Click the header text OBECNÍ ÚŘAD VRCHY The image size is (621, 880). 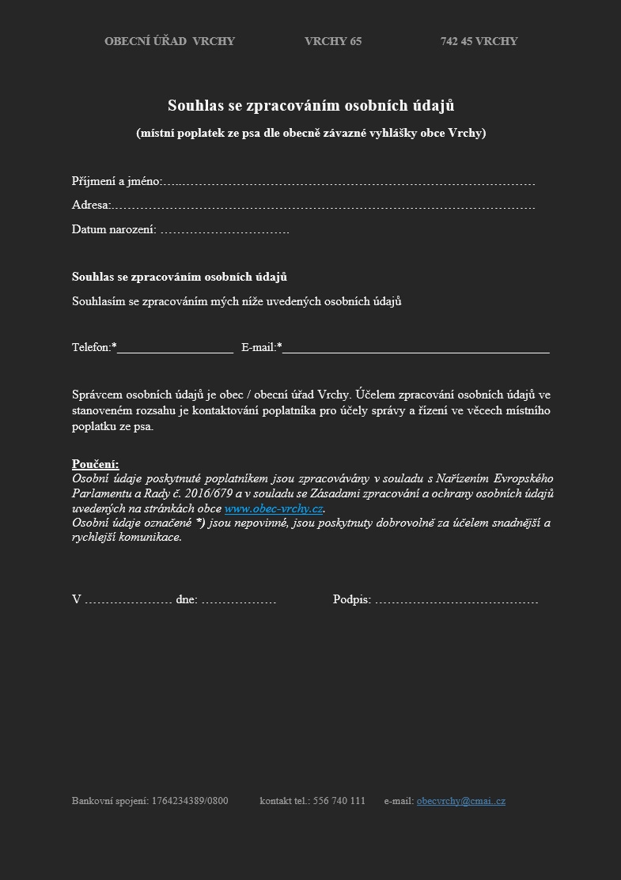[169, 41]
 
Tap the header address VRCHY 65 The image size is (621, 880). [332, 41]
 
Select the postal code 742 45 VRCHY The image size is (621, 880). [479, 41]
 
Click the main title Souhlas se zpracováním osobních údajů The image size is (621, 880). [311, 105]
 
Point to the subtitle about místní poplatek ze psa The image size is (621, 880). [311, 133]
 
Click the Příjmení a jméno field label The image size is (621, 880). [116, 182]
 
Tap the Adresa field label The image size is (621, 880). [90, 206]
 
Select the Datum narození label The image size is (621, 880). [114, 230]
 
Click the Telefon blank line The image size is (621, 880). [175, 348]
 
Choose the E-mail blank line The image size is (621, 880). [415, 348]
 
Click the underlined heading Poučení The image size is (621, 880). [95, 464]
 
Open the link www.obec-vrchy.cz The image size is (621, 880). [274, 508]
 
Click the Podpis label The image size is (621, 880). [351, 599]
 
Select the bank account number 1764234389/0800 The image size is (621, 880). [190, 801]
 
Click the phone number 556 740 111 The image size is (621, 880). [339, 801]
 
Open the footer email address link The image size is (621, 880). [460, 801]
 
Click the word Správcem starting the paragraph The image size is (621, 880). [97, 395]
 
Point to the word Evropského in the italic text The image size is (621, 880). [523, 478]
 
